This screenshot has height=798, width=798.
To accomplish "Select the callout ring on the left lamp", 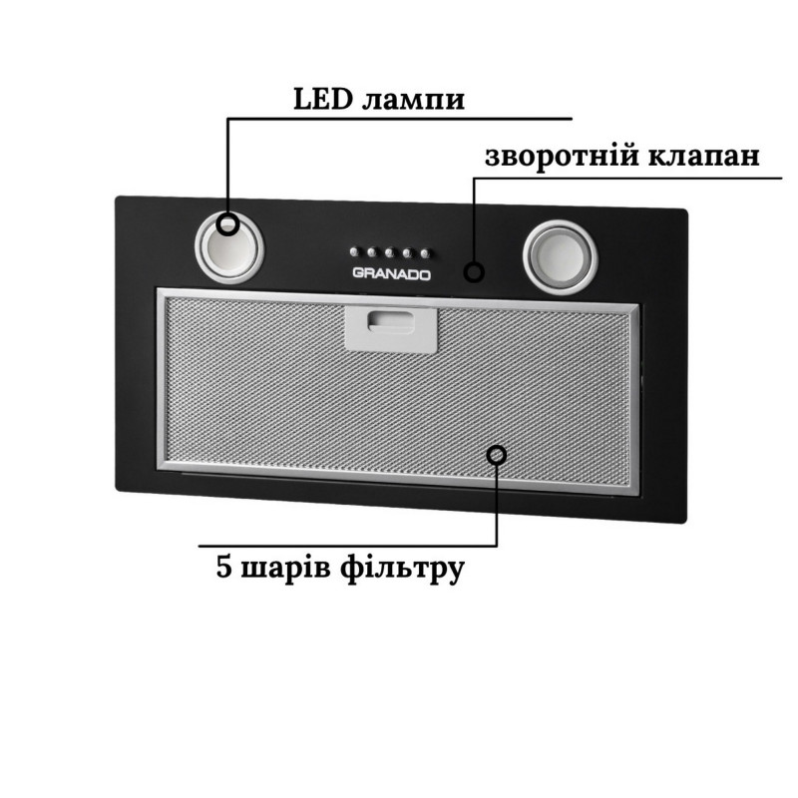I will [229, 223].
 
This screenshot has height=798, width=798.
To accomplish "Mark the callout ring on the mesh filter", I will [496, 455].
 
